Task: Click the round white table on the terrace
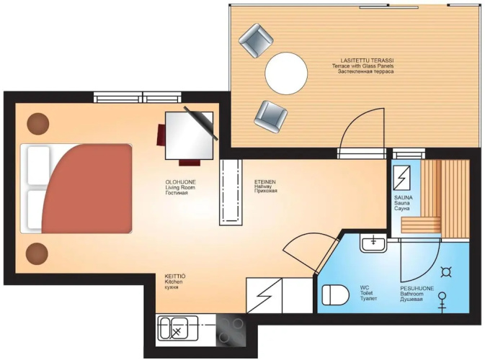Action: pos(286,73)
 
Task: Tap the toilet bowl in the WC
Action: pos(335,294)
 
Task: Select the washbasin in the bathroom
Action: pos(373,243)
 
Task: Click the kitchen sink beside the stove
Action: pos(177,329)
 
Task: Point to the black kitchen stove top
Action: pos(231,330)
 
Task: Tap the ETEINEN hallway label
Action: pos(265,182)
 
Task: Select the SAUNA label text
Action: pos(404,197)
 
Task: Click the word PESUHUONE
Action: pos(417,288)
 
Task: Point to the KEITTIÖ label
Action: pos(175,276)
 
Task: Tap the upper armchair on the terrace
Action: pos(256,40)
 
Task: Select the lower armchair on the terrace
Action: pos(271,117)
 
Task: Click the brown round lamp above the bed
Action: pos(38,124)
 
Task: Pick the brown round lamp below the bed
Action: pos(37,253)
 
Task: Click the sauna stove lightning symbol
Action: pos(401,178)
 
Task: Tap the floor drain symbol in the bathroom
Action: pos(445,271)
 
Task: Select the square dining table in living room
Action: pos(190,135)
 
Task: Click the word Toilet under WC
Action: pos(367,293)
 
